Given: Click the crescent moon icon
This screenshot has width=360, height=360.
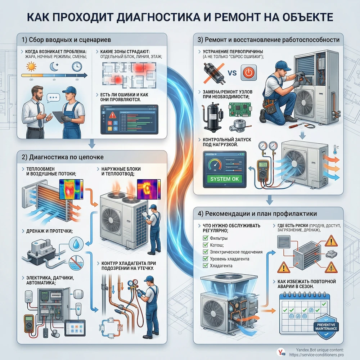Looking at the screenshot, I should pos(53,67).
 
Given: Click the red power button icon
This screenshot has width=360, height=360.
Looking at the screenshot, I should pos(248,72).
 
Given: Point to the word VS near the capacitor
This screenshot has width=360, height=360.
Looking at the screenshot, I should pos(233,73).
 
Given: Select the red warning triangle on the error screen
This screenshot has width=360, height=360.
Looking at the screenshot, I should pos(112,115).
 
